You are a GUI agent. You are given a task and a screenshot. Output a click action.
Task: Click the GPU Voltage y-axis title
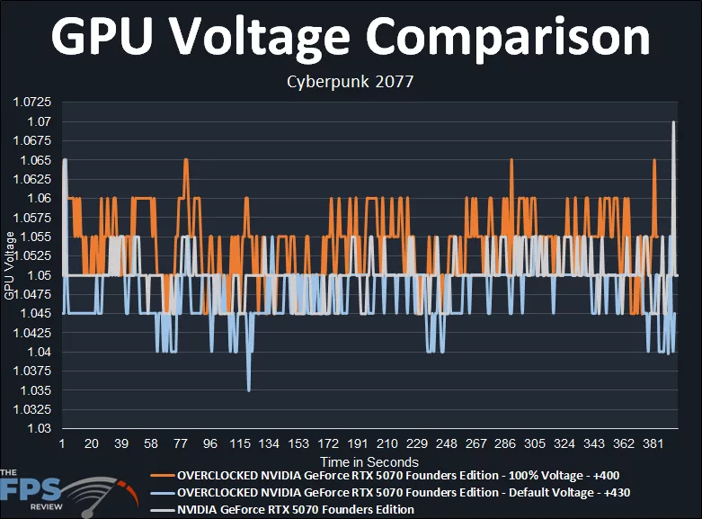pyautogui.click(x=10, y=265)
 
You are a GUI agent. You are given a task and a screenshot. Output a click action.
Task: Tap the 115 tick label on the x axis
pyautogui.click(x=240, y=444)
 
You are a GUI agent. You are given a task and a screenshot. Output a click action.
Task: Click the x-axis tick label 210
pyautogui.click(x=387, y=444)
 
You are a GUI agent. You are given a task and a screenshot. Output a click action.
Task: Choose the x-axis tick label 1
pyautogui.click(x=62, y=444)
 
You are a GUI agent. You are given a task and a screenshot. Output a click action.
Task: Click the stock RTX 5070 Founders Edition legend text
pyautogui.click(x=296, y=509)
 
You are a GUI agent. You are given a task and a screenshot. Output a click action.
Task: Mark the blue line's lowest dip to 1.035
pyautogui.click(x=249, y=389)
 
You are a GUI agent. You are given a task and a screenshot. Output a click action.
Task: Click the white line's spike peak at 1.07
pyautogui.click(x=673, y=122)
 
